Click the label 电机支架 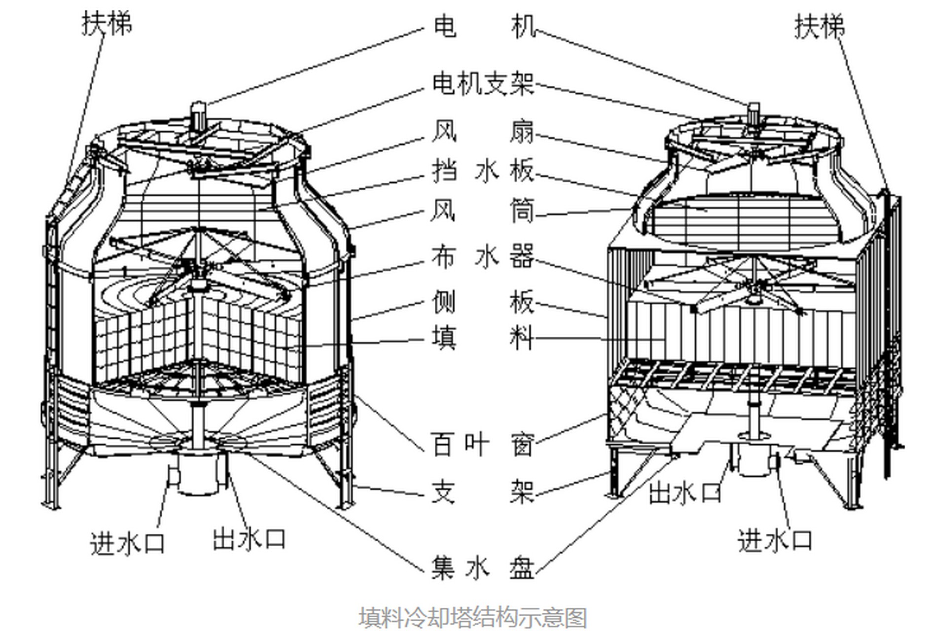[x=483, y=84]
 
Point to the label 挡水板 [x=483, y=171]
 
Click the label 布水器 [x=483, y=256]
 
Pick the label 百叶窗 [x=483, y=444]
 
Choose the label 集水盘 [x=483, y=567]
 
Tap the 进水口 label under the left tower [x=127, y=544]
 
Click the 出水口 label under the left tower [x=249, y=538]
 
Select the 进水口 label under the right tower [x=775, y=541]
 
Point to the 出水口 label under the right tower [x=685, y=492]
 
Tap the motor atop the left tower [x=198, y=114]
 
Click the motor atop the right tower [x=753, y=112]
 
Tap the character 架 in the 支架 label [x=522, y=491]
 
